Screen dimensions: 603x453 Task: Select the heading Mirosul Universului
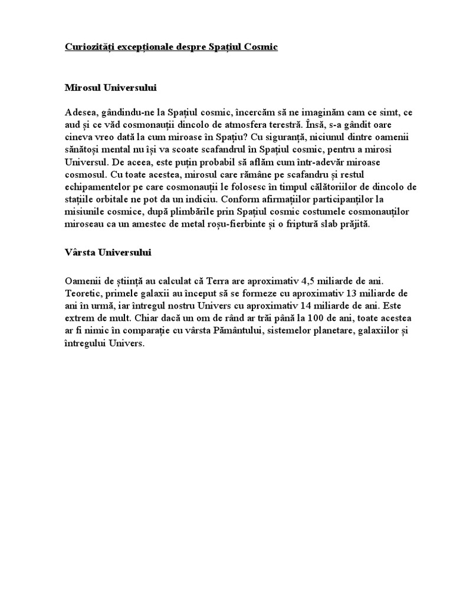pyautogui.click(x=110, y=88)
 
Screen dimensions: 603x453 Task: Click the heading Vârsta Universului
pyautogui.click(x=108, y=253)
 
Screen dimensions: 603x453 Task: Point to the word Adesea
pyautogui.click(x=80, y=112)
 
